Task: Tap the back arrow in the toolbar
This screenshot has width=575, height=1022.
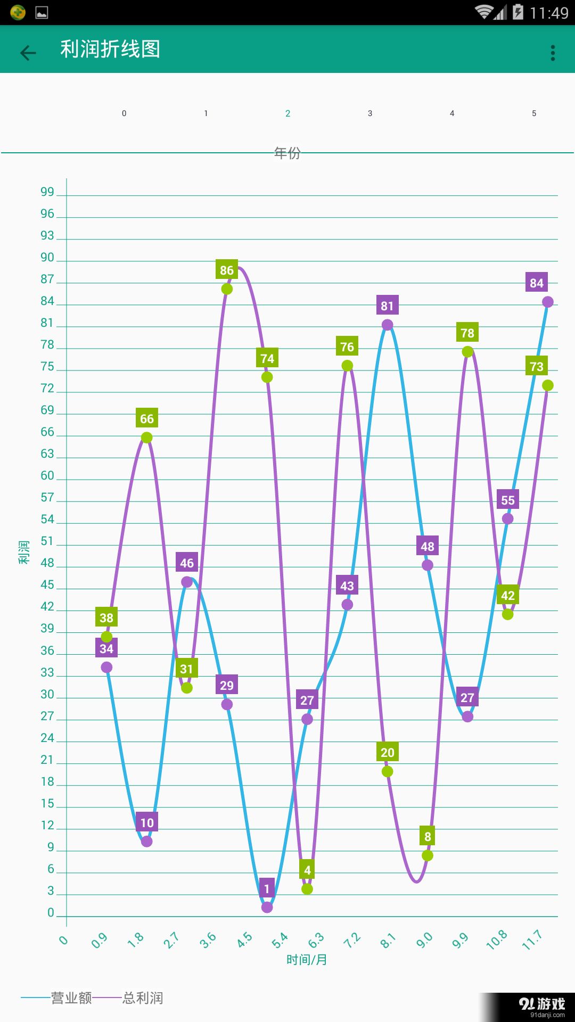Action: click(x=28, y=52)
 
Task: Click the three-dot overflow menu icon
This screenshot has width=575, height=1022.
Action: click(x=553, y=53)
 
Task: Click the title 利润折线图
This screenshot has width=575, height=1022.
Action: click(x=110, y=50)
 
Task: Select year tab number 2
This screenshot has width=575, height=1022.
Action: click(x=288, y=113)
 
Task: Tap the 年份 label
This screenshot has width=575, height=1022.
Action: click(x=287, y=153)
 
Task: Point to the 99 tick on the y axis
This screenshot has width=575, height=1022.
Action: click(x=47, y=192)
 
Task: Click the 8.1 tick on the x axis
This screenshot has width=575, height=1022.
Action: click(x=388, y=941)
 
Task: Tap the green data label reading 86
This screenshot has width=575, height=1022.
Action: click(x=227, y=270)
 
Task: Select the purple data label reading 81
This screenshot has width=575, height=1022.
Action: click(x=387, y=306)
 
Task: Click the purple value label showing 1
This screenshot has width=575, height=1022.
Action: click(x=267, y=889)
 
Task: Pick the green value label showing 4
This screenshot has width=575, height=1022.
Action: click(x=307, y=870)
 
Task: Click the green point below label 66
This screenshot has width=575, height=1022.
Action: click(x=147, y=438)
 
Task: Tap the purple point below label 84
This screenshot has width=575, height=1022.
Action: click(x=548, y=302)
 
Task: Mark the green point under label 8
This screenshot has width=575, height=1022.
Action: click(x=428, y=855)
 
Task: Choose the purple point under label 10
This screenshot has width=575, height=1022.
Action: click(x=147, y=842)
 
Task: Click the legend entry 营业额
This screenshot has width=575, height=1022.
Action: click(x=71, y=998)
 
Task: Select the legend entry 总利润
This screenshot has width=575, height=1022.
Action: click(x=143, y=998)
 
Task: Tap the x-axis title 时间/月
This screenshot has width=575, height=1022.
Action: click(x=307, y=960)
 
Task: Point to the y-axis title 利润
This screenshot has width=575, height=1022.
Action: click(x=24, y=552)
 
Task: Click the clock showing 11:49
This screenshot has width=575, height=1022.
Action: click(x=549, y=13)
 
